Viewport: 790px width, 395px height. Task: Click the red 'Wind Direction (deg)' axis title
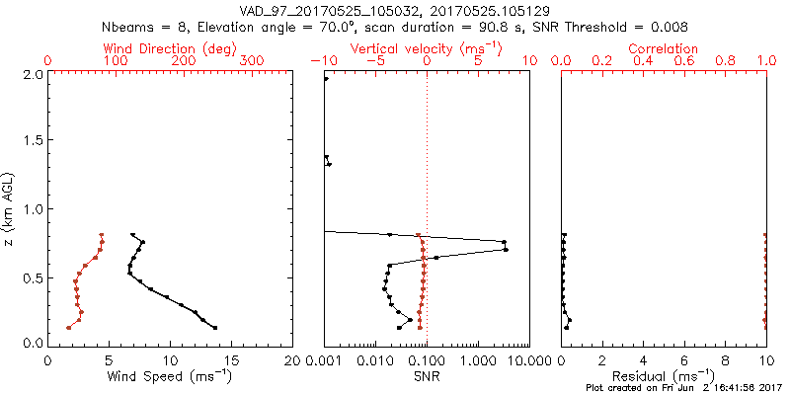click(169, 48)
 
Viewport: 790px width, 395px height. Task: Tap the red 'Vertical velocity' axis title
click(426, 48)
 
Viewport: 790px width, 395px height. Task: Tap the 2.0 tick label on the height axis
click(32, 74)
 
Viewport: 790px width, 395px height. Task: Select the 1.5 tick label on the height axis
click(32, 141)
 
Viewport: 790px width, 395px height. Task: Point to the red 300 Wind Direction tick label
click(253, 61)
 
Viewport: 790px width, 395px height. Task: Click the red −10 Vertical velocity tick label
click(323, 61)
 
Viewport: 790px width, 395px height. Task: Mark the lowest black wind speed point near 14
click(215, 328)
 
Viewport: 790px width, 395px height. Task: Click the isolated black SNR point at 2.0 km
click(326, 79)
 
